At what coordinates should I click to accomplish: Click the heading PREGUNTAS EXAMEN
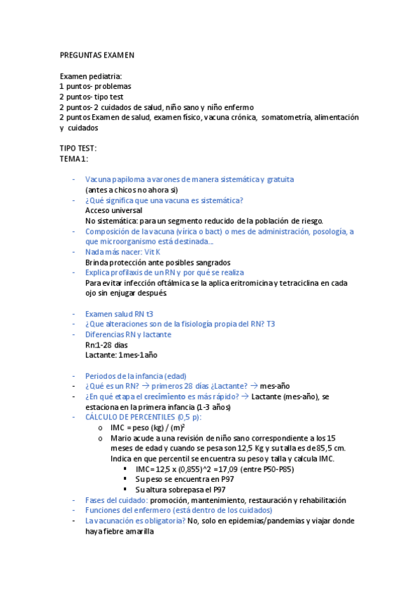(x=97, y=55)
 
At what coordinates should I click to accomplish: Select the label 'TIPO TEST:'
(x=78, y=148)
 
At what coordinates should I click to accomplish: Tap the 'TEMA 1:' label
(x=74, y=159)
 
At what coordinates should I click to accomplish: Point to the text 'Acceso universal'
(x=113, y=210)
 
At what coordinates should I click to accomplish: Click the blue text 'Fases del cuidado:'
(x=116, y=500)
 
